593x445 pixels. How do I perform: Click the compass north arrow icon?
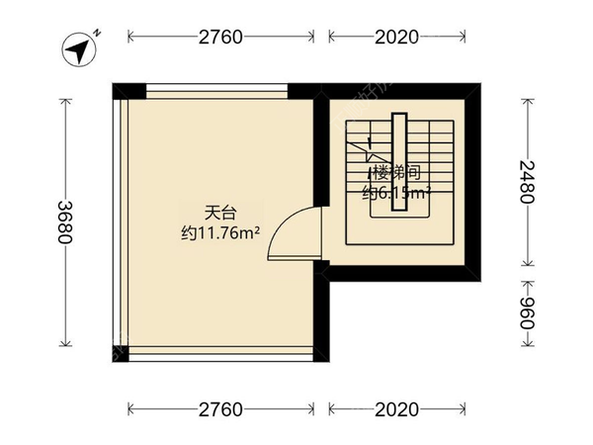point(76,47)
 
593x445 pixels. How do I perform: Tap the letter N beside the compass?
point(99,34)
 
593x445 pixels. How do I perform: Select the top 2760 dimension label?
point(220,38)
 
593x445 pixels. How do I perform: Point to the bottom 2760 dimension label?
point(220,408)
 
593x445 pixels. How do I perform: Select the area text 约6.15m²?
point(395,194)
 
